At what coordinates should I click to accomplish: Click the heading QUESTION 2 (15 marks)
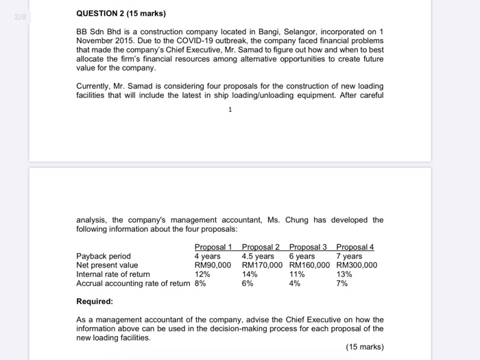tap(121, 14)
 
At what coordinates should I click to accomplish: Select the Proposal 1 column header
tap(213, 247)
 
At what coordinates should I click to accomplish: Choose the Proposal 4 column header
tap(355, 247)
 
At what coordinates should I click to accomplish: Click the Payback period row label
tap(103, 256)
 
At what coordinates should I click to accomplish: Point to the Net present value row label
tap(107, 265)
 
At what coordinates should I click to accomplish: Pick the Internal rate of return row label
tap(112, 274)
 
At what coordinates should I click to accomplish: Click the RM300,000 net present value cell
tap(357, 265)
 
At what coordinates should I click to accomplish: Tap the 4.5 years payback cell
tap(258, 256)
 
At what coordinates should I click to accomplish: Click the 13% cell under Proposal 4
tap(344, 274)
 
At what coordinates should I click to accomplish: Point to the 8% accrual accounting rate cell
tap(200, 283)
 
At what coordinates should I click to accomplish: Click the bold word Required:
tap(95, 301)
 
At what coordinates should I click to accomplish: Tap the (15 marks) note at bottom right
tap(365, 347)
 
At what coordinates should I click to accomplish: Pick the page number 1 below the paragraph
tap(230, 109)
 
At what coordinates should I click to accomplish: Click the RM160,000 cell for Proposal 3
tap(309, 265)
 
